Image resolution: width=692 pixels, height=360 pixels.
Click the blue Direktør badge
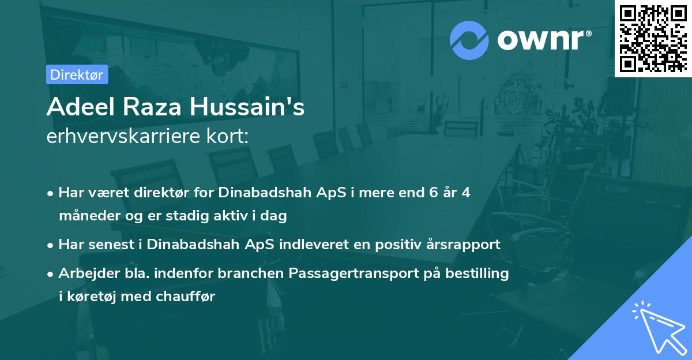click(x=77, y=74)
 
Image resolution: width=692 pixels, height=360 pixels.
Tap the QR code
click(x=652, y=38)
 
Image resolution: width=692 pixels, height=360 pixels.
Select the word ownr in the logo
click(x=543, y=39)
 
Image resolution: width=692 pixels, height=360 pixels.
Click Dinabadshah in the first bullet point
click(x=262, y=193)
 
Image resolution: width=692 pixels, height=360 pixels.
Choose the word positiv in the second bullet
click(x=386, y=244)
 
